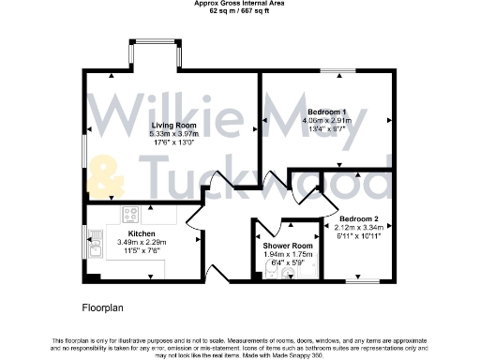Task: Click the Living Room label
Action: [x=172, y=125]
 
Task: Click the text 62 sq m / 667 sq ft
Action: [x=239, y=12]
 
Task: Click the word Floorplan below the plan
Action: [x=104, y=307]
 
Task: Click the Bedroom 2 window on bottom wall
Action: [x=360, y=279]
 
